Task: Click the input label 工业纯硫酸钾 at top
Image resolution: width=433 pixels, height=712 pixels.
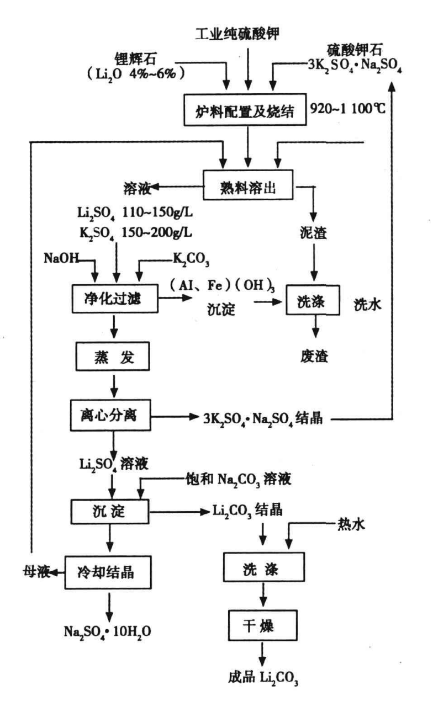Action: (245, 34)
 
